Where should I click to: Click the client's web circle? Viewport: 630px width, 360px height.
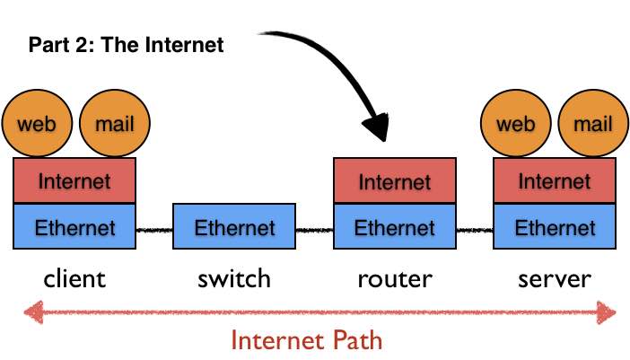(37, 123)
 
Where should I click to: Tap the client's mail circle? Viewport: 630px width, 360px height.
(114, 123)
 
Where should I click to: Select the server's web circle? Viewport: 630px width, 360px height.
(516, 123)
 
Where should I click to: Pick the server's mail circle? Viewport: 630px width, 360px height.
(593, 123)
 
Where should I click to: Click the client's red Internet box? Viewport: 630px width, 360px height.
(74, 180)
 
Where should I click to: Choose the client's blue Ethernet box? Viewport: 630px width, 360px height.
(74, 227)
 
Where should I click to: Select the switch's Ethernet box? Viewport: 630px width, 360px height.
(234, 227)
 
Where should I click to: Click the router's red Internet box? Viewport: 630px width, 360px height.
(395, 181)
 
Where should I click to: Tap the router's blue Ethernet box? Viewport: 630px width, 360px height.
(395, 227)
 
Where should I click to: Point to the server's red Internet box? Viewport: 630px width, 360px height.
(555, 180)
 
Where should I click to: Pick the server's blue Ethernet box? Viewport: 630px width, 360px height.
(555, 227)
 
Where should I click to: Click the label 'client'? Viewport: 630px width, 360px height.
(74, 278)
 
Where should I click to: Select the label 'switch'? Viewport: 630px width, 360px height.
(234, 278)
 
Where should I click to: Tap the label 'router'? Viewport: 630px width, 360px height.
(395, 278)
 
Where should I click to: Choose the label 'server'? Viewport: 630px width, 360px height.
(555, 278)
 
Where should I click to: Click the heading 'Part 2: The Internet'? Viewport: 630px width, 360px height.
(126, 45)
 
